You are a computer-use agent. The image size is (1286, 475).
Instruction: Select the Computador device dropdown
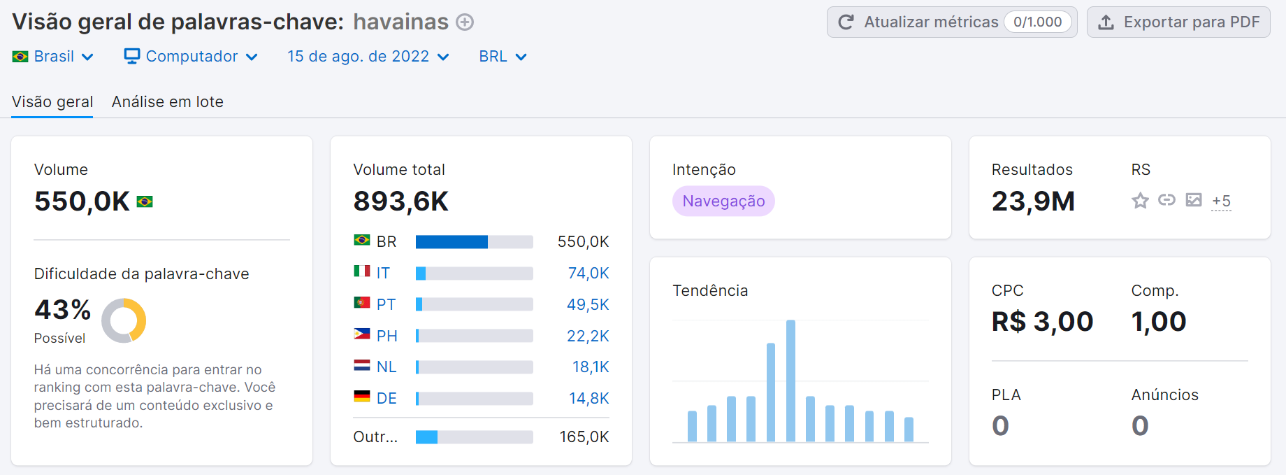click(x=191, y=57)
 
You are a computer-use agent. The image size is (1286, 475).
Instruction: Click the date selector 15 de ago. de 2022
click(x=368, y=57)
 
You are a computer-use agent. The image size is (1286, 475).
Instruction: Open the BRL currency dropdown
click(x=502, y=57)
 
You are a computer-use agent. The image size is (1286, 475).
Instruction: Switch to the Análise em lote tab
click(x=167, y=102)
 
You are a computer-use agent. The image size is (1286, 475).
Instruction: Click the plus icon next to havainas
click(x=465, y=22)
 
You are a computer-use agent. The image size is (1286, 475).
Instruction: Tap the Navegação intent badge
click(x=723, y=201)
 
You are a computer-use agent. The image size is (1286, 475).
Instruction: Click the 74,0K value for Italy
click(x=588, y=274)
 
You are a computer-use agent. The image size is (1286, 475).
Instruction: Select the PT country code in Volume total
click(x=386, y=305)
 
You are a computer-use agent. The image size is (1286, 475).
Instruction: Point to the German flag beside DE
click(x=361, y=397)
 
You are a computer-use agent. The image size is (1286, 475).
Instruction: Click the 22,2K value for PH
click(x=587, y=336)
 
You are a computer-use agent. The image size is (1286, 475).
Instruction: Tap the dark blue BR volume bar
click(x=451, y=242)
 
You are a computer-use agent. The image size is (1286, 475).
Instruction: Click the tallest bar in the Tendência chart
click(x=790, y=381)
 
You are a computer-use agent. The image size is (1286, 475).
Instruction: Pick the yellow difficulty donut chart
click(x=124, y=321)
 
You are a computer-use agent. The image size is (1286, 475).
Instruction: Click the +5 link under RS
click(x=1221, y=201)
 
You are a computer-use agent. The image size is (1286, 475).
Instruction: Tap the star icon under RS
click(x=1140, y=201)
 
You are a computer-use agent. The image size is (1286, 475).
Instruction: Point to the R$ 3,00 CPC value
click(x=1042, y=322)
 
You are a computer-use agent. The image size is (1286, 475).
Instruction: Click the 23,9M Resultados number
click(x=1033, y=201)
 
